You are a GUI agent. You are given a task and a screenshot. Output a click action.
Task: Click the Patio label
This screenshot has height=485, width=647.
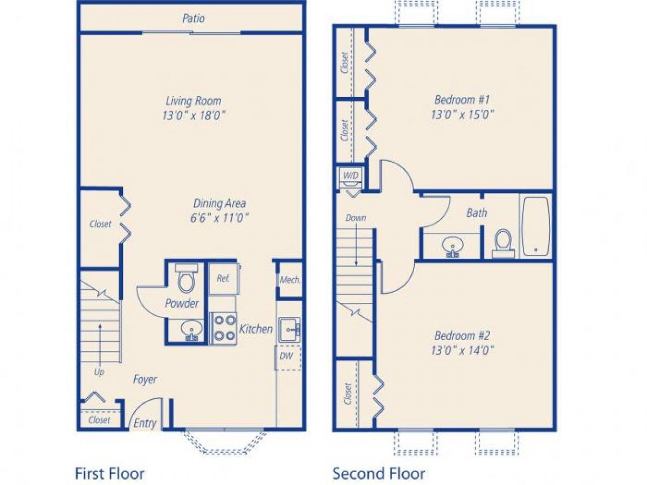pos(193,18)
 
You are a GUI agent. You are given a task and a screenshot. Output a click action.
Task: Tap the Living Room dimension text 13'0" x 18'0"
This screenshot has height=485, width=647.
pos(193,115)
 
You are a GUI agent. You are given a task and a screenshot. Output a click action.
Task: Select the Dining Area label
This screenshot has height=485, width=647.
pos(219,204)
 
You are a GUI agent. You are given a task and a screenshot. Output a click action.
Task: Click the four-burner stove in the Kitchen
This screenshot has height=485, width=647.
pos(223,328)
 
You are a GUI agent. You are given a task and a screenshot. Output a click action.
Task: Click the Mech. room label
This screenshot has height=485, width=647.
pos(290,280)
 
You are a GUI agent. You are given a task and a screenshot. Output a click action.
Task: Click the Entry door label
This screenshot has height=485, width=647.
pos(144,423)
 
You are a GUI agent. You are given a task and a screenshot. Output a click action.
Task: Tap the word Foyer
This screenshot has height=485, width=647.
pos(145,379)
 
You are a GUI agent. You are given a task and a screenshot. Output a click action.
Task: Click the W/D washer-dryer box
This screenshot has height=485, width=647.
pos(351,175)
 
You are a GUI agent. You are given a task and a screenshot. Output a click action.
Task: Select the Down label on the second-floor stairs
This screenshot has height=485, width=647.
pos(356,218)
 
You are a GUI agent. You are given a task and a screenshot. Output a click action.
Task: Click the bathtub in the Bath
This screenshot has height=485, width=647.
pos(535,226)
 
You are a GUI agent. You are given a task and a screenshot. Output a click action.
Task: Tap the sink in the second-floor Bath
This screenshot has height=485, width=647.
pos(452,247)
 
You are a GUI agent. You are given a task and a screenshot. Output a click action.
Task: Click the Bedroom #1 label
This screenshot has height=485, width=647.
pos(462,100)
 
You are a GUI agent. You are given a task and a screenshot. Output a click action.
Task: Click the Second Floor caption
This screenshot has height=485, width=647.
pos(378,474)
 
